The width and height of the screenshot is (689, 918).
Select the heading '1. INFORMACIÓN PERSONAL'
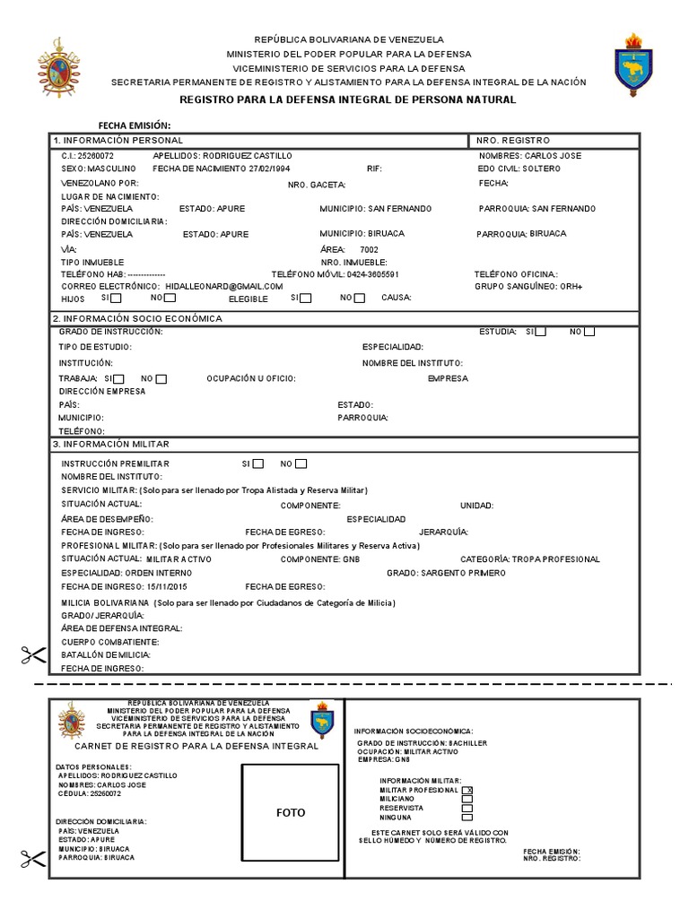point(118,141)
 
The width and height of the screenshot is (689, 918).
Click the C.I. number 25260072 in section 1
point(96,155)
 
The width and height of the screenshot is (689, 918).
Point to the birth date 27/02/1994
point(269,168)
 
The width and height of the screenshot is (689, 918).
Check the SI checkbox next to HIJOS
point(117,298)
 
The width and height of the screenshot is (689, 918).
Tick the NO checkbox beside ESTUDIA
point(589,332)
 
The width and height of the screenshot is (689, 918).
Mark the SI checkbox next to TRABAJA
point(119,378)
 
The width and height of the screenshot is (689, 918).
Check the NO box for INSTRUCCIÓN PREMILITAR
point(301,463)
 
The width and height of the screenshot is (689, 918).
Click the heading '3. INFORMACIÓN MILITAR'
point(111,444)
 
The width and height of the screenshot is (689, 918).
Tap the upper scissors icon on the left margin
point(33,655)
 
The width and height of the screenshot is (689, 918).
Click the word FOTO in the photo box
point(291,813)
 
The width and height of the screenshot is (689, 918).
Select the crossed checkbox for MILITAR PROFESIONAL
point(467,790)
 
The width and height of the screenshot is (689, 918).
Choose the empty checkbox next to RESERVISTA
point(467,808)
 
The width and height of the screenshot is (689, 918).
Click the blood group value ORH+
point(568,286)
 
